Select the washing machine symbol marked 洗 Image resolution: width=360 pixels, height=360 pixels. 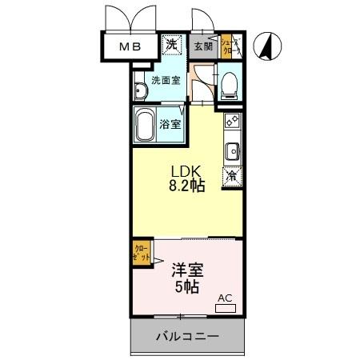(171, 45)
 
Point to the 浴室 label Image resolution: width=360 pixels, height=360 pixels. (170, 125)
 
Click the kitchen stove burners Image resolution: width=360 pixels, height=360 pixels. (232, 122)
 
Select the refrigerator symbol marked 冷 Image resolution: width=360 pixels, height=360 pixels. (232, 176)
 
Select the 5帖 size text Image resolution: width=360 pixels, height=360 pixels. (182, 286)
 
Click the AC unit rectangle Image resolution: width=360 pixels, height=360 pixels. (225, 305)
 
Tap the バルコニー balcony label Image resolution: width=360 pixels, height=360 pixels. (186, 337)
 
